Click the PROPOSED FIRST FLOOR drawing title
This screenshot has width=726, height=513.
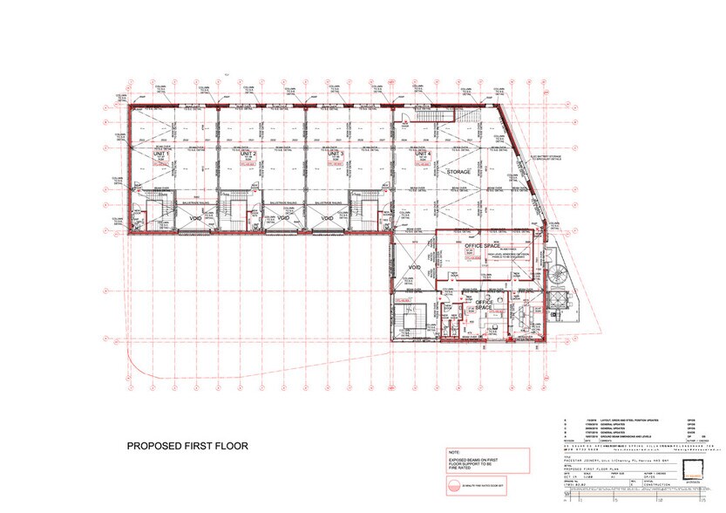tap(187, 446)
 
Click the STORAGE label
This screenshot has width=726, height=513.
tap(459, 172)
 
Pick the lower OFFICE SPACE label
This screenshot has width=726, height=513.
tap(486, 305)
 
